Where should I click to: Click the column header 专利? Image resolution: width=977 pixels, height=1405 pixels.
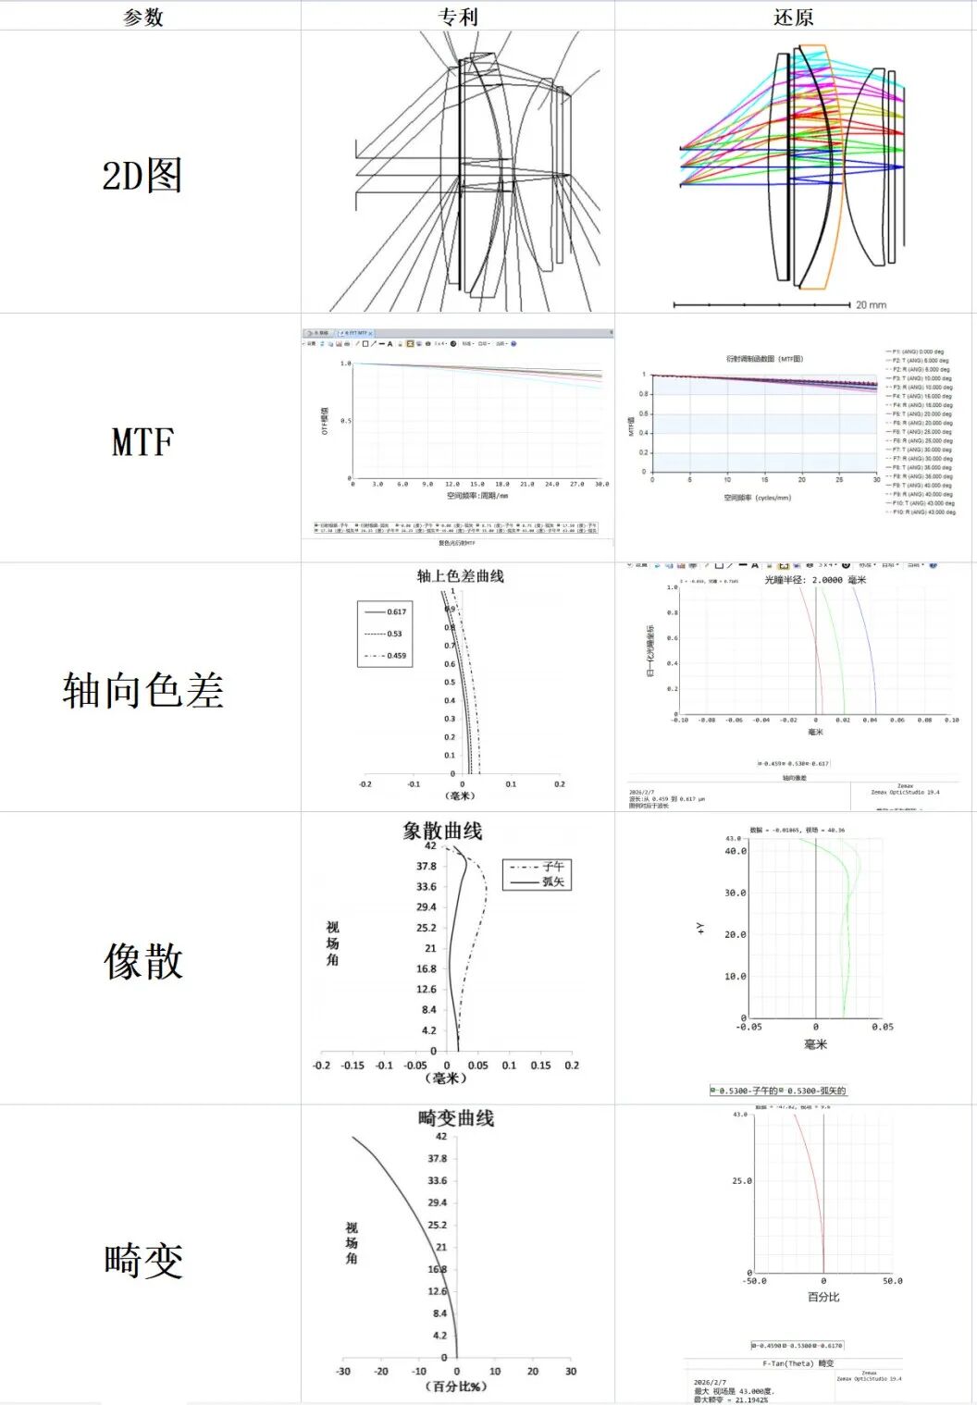(457, 17)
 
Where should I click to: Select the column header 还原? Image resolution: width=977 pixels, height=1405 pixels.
(794, 17)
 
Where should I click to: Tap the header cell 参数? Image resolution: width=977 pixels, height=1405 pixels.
(143, 17)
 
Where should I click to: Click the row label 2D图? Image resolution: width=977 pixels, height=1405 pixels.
(142, 175)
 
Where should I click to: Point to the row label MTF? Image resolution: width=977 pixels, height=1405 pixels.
(142, 441)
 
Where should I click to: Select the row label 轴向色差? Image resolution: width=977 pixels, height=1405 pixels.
(142, 690)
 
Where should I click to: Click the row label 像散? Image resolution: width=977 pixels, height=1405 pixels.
(142, 961)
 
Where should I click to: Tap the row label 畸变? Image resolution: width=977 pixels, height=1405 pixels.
(142, 1260)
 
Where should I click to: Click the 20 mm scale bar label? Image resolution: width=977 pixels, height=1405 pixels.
(871, 304)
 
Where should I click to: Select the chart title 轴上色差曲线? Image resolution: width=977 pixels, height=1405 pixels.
(460, 576)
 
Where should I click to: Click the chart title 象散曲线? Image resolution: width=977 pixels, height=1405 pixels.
(442, 831)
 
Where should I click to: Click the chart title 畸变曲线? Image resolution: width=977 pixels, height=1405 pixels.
(456, 1118)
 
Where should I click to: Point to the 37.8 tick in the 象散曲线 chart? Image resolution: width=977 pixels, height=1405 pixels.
(426, 867)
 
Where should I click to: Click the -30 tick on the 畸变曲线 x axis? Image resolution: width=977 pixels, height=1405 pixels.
(343, 1371)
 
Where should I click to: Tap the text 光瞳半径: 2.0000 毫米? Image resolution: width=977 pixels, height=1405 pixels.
(815, 580)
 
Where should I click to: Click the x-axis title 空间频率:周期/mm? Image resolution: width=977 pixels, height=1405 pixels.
(477, 496)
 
